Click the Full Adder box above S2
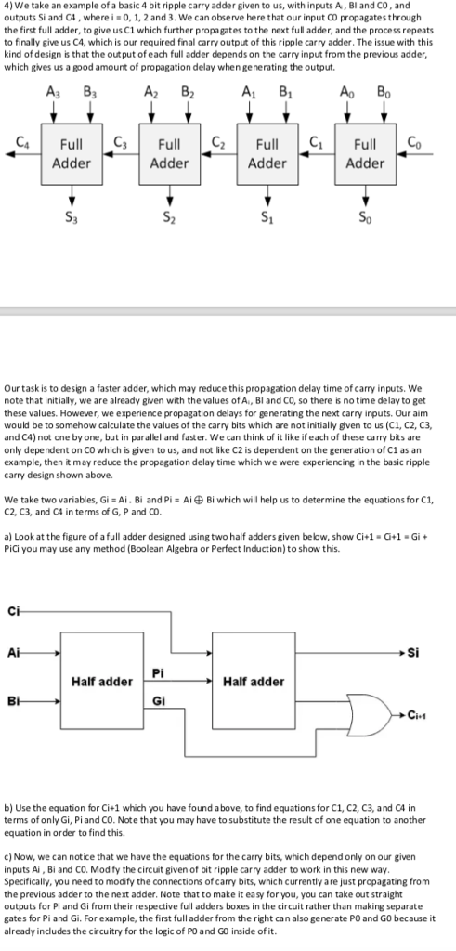click(169, 153)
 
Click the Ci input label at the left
click(14, 609)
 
